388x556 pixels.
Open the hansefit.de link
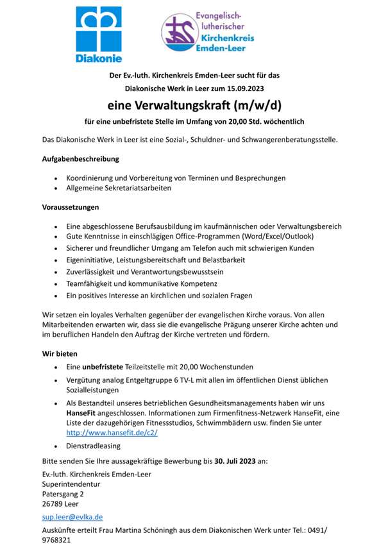tap(112, 434)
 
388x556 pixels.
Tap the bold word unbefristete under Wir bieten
tap(103, 367)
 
